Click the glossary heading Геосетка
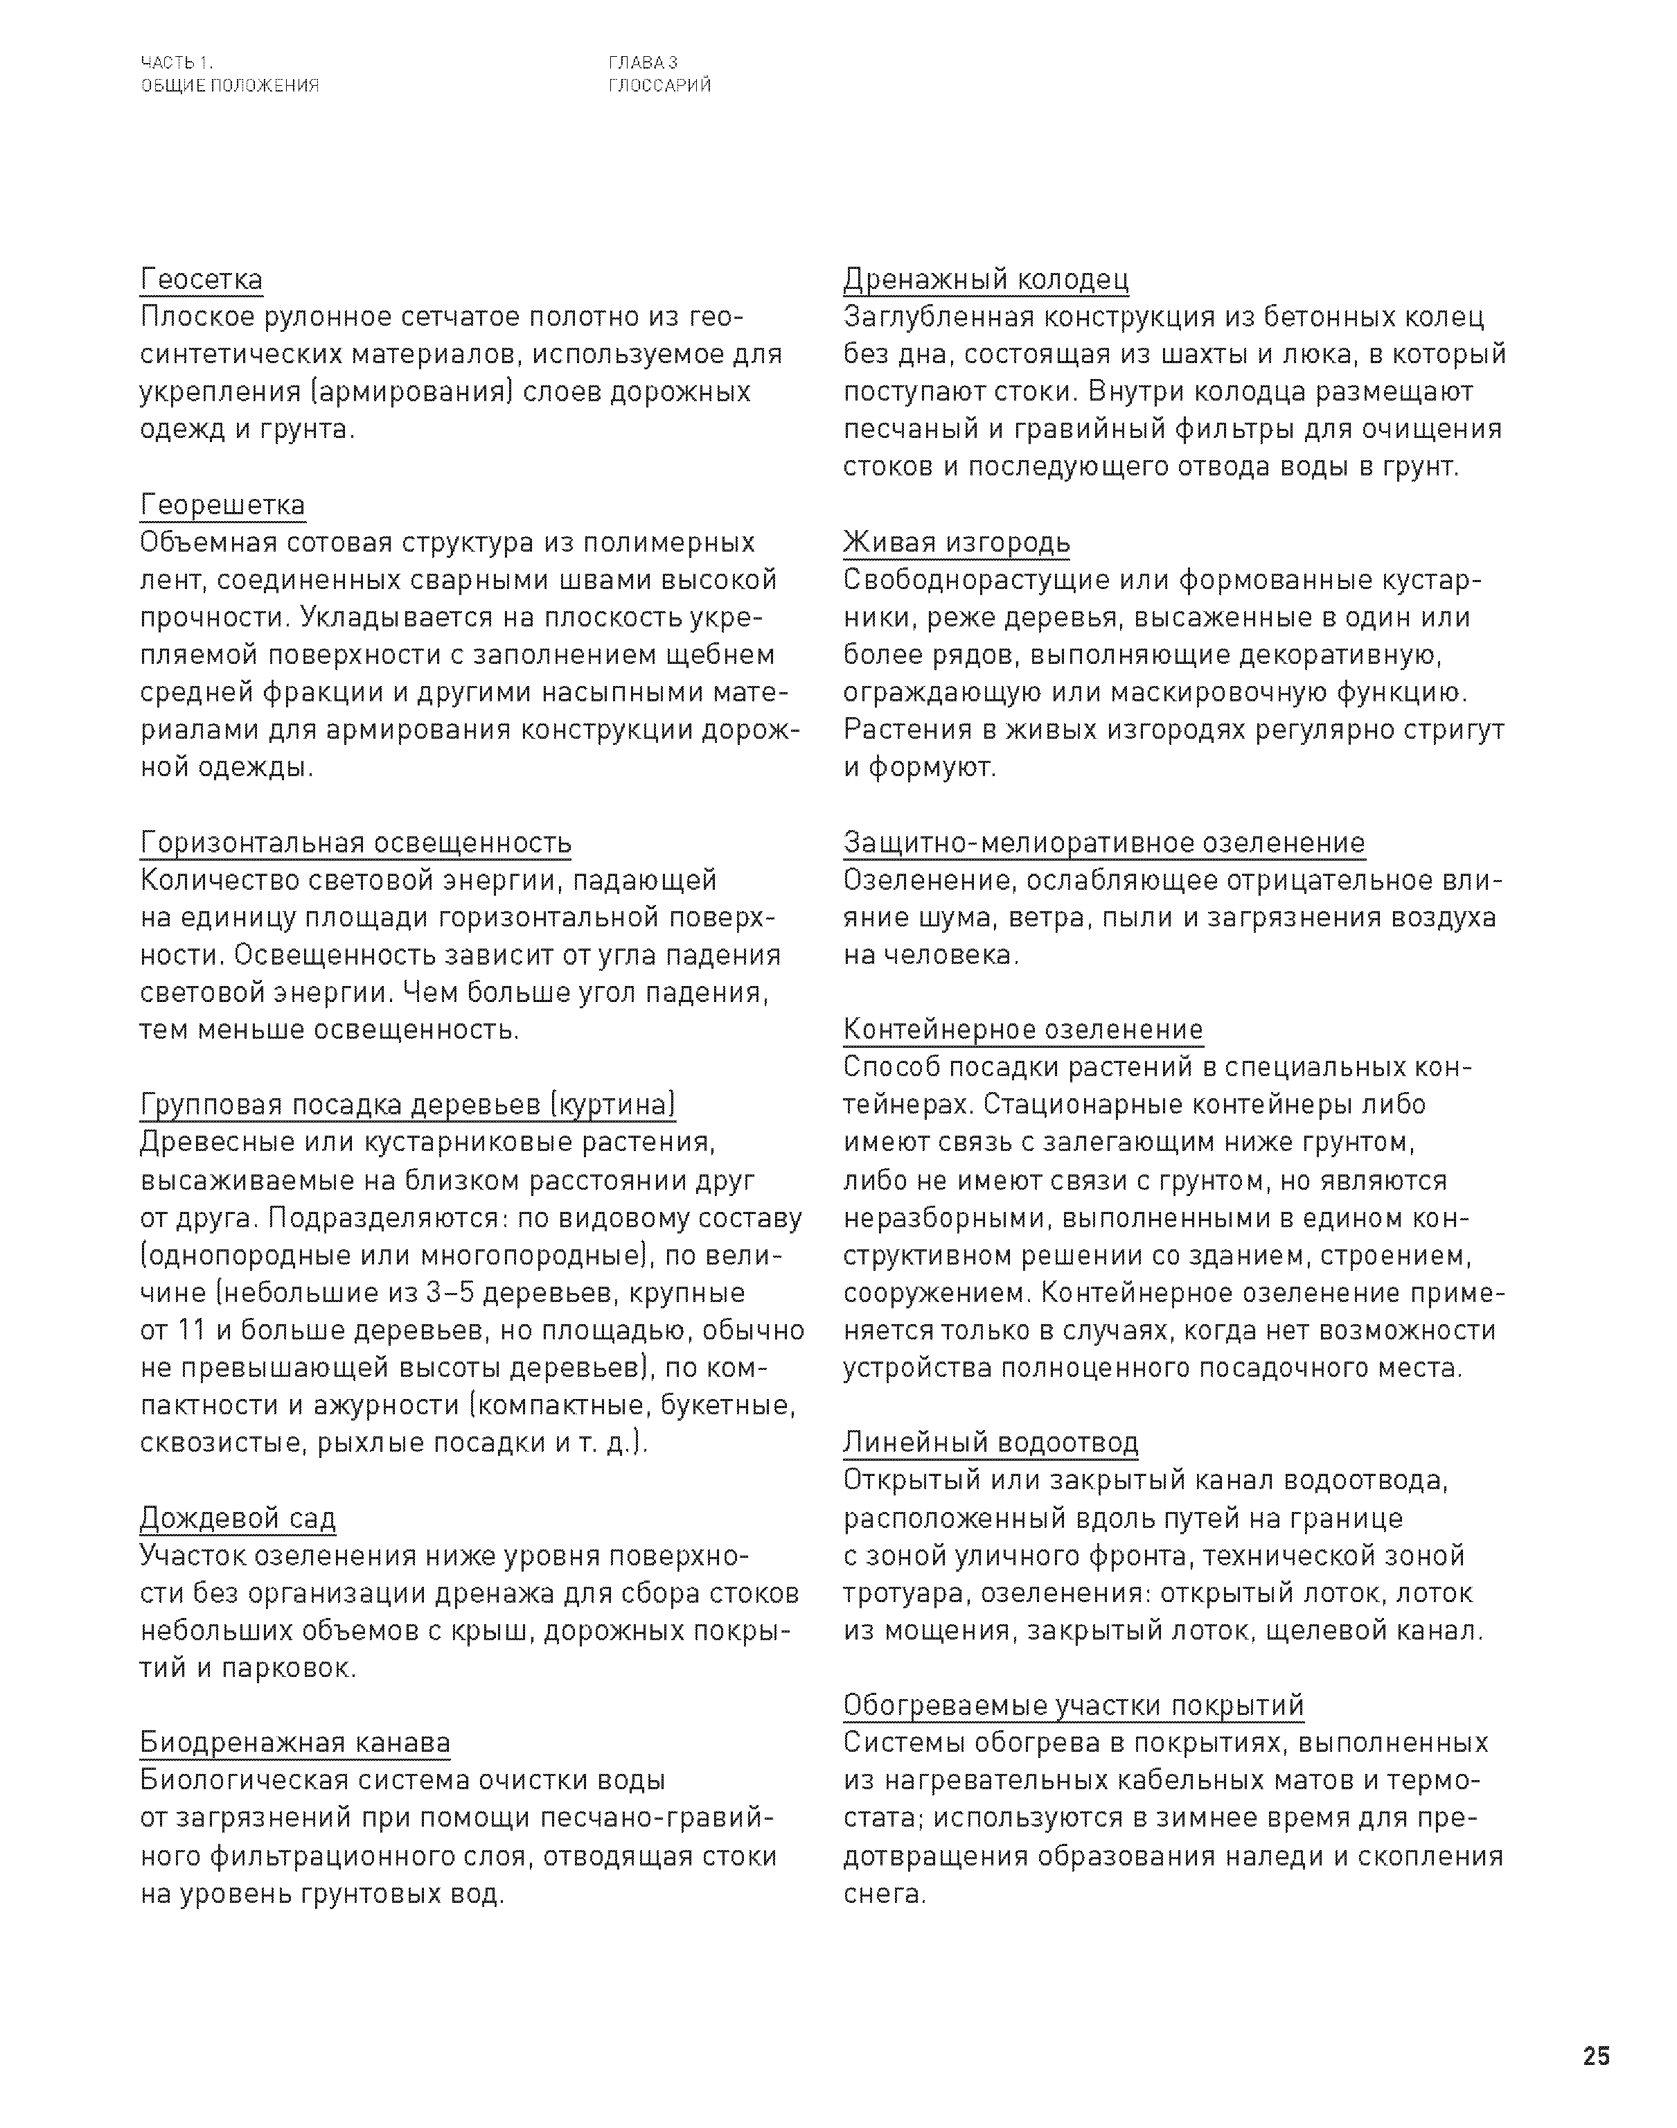click(x=202, y=280)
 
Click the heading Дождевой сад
click(x=238, y=1518)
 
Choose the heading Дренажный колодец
click(x=986, y=280)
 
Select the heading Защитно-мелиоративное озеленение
click(x=1103, y=843)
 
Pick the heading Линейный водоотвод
click(x=991, y=1443)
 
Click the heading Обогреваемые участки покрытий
click(x=1073, y=1706)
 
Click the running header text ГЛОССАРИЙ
click(x=659, y=85)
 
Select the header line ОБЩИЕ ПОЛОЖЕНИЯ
click(x=230, y=85)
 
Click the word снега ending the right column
click(x=884, y=1893)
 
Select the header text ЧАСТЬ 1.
click(x=177, y=64)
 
